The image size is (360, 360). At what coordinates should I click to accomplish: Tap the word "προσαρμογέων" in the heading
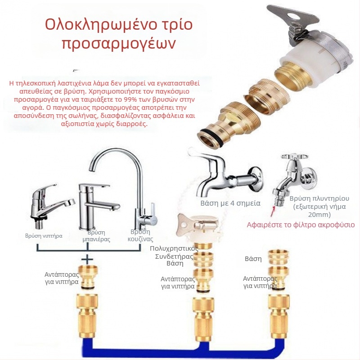(119, 44)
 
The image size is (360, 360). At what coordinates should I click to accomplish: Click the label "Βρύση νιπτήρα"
(44, 236)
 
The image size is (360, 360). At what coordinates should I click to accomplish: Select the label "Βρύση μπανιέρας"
(96, 236)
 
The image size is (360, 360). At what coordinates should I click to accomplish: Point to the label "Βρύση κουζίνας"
(140, 235)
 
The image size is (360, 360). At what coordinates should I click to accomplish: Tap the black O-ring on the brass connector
(211, 138)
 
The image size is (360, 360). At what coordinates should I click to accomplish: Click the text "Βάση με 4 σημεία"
(230, 203)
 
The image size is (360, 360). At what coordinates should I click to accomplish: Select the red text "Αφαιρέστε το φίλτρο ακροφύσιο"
(301, 224)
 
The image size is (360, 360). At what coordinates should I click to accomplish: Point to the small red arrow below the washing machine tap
(273, 211)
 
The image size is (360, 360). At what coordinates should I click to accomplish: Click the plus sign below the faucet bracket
(88, 260)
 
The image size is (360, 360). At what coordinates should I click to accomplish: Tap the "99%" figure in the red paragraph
(131, 99)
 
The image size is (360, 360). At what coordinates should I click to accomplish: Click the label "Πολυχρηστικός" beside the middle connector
(174, 248)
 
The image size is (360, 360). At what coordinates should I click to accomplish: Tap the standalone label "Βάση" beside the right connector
(253, 259)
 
